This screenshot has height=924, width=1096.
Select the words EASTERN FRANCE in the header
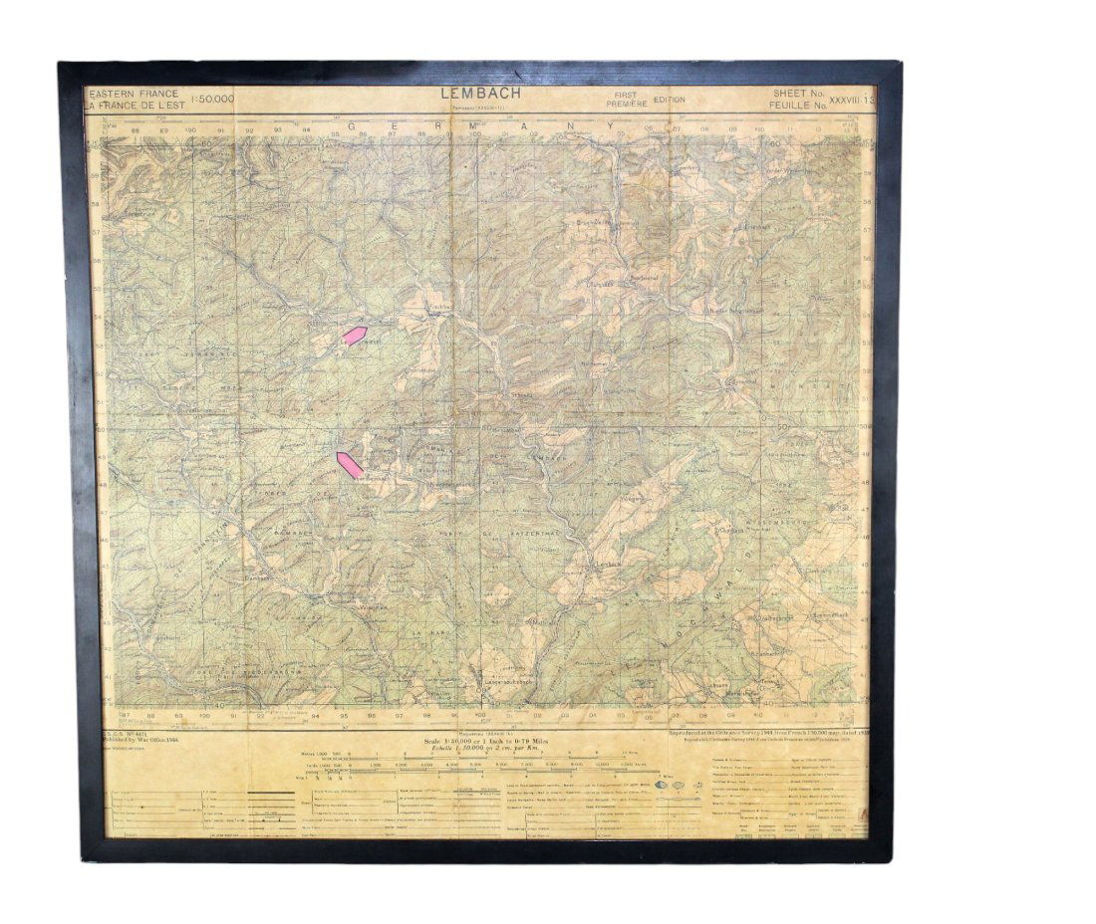click(x=134, y=93)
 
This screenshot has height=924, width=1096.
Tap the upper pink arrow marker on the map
click(x=355, y=336)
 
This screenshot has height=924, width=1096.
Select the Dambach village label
click(x=256, y=577)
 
